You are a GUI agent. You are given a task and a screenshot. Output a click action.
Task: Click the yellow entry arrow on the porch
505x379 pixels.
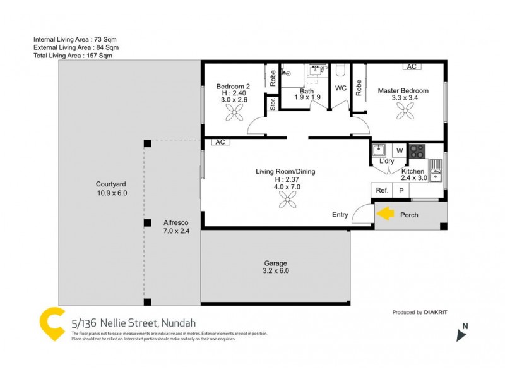(385, 215)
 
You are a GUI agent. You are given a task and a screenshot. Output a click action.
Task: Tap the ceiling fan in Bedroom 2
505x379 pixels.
(234, 113)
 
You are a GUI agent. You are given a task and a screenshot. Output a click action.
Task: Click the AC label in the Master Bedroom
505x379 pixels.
(412, 66)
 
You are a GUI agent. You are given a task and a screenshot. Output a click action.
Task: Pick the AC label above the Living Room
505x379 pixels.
(220, 142)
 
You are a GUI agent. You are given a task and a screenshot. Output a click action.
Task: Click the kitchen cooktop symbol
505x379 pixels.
(417, 151)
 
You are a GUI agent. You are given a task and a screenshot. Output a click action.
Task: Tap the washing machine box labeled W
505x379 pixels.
(399, 151)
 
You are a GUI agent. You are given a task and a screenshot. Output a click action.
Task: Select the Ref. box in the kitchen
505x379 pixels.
(381, 190)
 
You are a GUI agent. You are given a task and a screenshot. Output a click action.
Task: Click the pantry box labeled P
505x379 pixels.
(400, 190)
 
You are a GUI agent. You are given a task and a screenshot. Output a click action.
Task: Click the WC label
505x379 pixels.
(341, 88)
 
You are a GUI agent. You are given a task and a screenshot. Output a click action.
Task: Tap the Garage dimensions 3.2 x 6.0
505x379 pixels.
(275, 271)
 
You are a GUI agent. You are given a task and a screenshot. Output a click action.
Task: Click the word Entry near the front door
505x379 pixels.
(340, 215)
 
